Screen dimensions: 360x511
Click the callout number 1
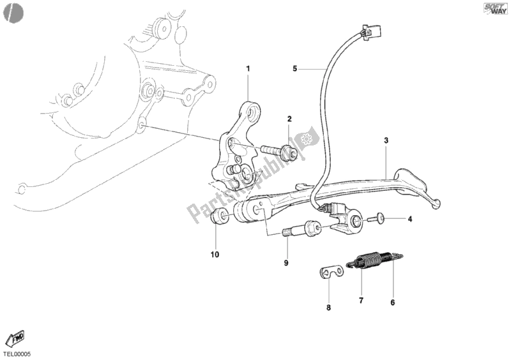(x=248, y=68)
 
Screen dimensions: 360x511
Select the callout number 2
(x=289, y=119)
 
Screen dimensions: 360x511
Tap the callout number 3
(x=386, y=140)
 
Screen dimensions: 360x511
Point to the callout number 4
(x=410, y=219)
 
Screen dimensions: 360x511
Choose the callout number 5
(x=294, y=68)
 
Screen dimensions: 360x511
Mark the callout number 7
(x=361, y=300)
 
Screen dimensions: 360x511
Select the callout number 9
(x=287, y=262)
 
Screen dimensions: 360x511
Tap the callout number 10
(x=215, y=255)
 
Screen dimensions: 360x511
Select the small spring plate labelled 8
(x=331, y=271)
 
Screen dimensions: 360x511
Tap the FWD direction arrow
(x=14, y=340)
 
